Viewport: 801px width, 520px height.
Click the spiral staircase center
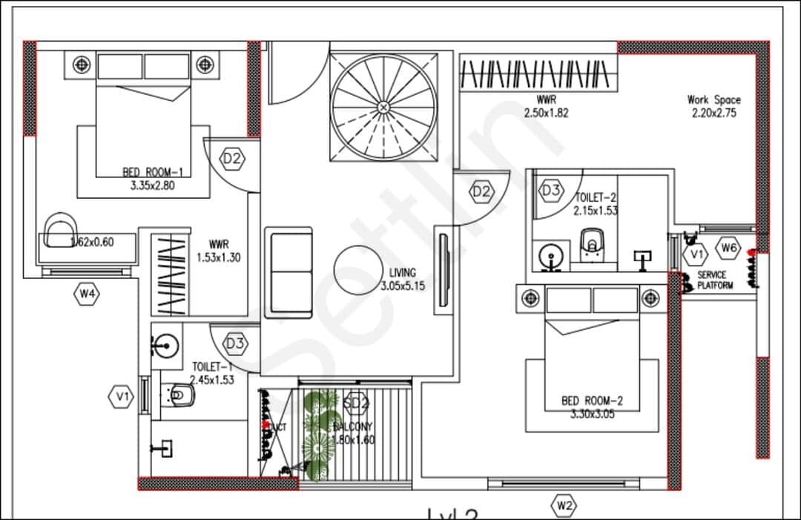point(383,108)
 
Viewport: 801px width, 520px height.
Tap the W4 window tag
point(88,294)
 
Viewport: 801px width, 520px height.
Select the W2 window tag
point(564,507)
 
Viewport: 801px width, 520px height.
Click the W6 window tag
point(729,249)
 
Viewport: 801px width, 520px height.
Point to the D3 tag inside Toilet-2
point(551,191)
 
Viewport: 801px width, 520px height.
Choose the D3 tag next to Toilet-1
point(235,343)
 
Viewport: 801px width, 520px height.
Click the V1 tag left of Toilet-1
point(122,398)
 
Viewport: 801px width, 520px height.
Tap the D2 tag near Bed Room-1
point(232,158)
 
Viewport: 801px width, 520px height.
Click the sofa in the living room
point(290,271)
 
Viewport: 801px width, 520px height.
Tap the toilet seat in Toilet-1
point(180,395)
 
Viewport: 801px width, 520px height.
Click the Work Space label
point(713,99)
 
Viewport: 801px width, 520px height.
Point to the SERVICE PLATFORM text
point(716,280)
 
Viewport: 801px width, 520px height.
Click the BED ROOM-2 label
point(592,401)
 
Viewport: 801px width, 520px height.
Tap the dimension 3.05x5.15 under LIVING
point(403,286)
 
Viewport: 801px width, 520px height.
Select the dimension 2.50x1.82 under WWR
point(546,113)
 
